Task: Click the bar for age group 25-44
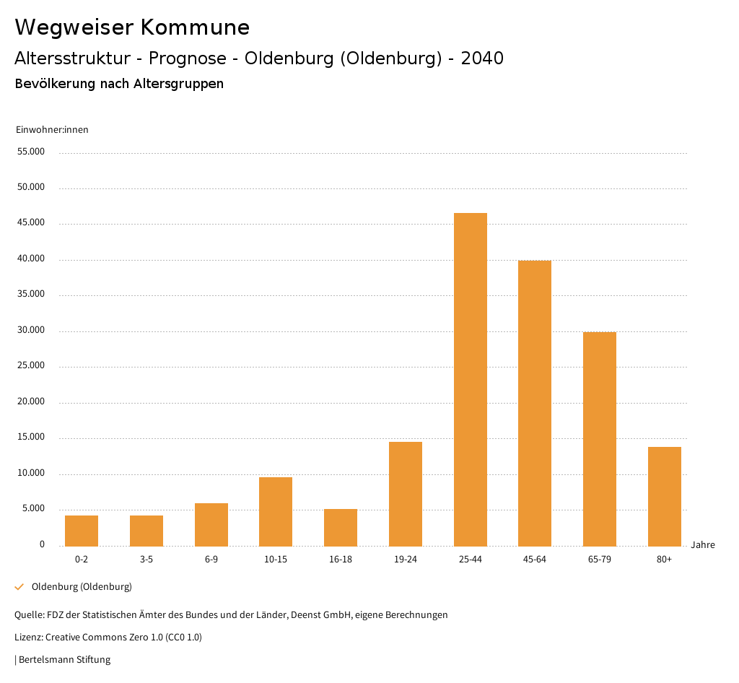pos(471,379)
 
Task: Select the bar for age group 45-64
pos(535,403)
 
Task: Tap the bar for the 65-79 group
pos(600,438)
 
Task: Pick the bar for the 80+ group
pos(665,496)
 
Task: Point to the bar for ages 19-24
pos(406,493)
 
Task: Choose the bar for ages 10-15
pos(276,511)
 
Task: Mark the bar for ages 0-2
pos(82,530)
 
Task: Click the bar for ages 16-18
pos(341,527)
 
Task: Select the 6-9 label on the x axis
pos(211,560)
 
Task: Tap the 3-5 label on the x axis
pos(147,560)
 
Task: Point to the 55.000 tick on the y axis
pos(32,152)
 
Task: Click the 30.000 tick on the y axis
pos(32,330)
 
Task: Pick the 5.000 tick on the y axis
pos(34,508)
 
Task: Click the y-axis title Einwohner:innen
pos(52,130)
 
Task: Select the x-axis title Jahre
pos(703,545)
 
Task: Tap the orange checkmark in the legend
pos(19,587)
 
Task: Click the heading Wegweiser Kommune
pos(132,27)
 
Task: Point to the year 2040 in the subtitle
pos(482,58)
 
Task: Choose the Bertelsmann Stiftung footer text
pos(64,659)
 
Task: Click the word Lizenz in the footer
pos(28,637)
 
